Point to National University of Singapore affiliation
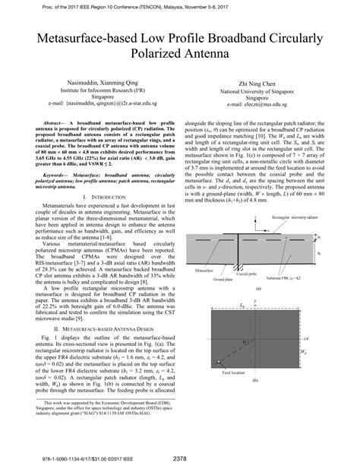tap(261, 97)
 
